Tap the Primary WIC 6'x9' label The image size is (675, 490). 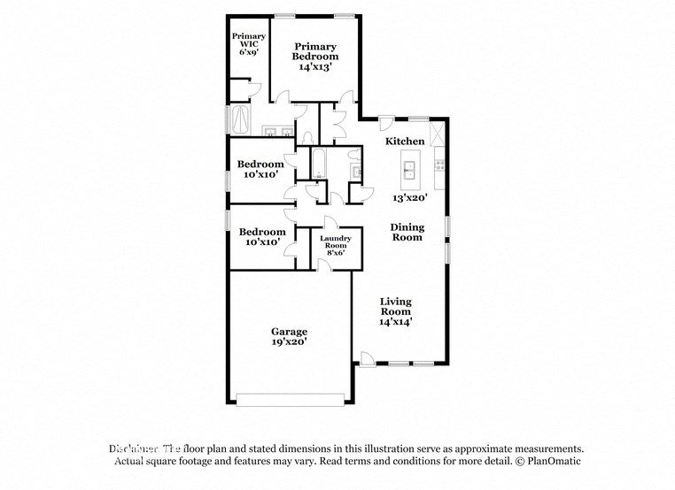pos(248,43)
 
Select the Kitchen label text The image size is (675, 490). pos(405,142)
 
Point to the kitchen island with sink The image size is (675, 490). pos(410,165)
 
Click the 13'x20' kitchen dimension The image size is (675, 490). pos(411,198)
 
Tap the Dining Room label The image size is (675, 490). pos(407,232)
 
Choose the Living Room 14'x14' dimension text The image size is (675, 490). pos(396,323)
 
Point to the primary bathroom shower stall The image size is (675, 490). pos(241,119)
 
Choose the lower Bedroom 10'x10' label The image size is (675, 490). pos(261,236)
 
